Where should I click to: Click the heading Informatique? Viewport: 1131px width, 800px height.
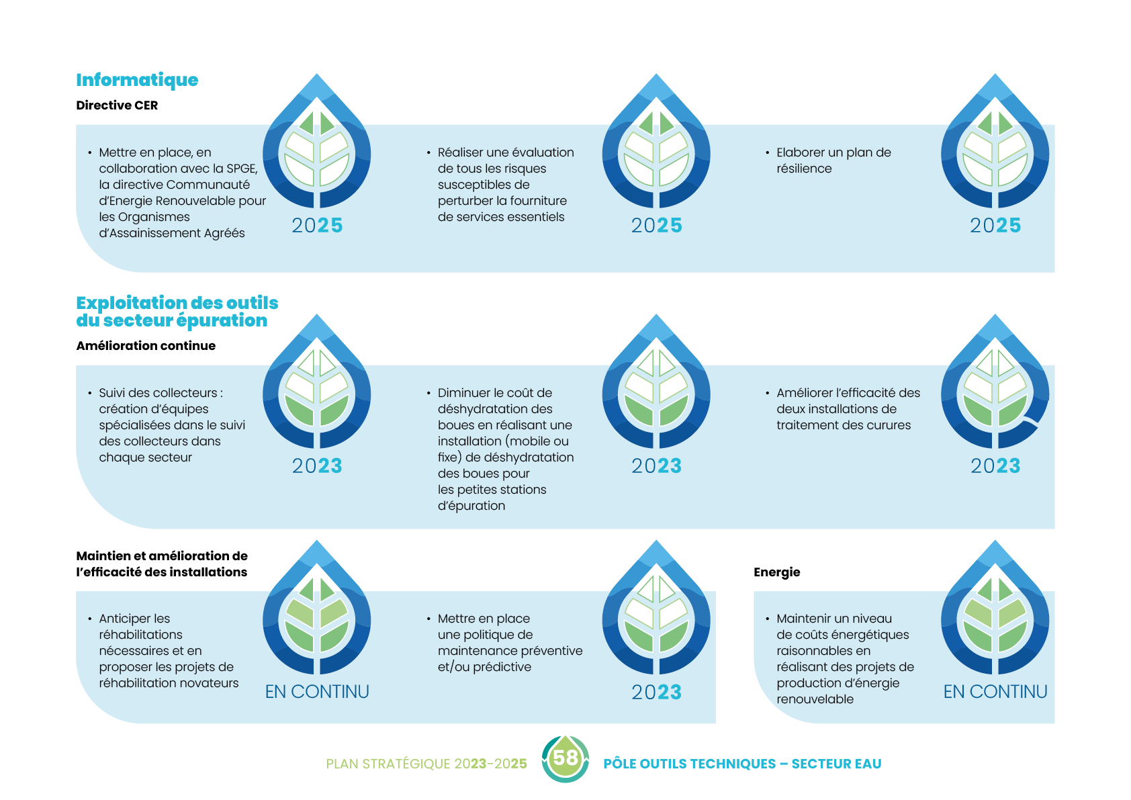(x=137, y=80)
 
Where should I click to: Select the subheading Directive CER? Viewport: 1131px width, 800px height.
(x=117, y=105)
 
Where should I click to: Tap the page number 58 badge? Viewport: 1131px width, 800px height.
(x=565, y=758)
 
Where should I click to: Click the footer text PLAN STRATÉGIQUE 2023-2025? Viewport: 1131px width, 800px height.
(x=426, y=764)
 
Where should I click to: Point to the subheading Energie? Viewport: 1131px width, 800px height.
(x=776, y=572)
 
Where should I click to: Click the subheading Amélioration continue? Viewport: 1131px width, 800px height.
(x=146, y=346)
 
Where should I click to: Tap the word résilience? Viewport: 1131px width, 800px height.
(x=804, y=169)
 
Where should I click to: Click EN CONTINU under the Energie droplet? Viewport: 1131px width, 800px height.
(x=995, y=692)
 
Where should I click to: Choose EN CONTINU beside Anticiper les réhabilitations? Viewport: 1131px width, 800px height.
(x=317, y=692)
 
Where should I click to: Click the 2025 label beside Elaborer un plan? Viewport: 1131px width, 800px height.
(x=995, y=226)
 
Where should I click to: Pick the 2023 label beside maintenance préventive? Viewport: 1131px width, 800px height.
(x=656, y=693)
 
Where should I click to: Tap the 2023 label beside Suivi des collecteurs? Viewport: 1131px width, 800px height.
(x=317, y=466)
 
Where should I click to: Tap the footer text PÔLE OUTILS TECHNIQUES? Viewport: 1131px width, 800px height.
(x=689, y=764)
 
